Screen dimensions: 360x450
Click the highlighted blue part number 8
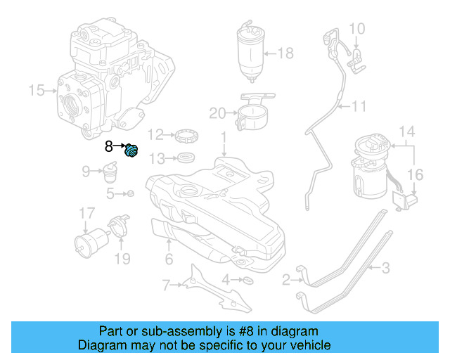click(131, 150)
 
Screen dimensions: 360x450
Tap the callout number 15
click(35, 90)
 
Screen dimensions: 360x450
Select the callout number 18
click(285, 53)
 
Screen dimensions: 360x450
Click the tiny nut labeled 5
click(130, 193)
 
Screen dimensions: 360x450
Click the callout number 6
click(169, 259)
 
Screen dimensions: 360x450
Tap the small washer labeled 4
click(247, 281)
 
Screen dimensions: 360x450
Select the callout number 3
click(385, 267)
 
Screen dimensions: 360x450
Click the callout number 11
click(359, 107)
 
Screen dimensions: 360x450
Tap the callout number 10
click(357, 29)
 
